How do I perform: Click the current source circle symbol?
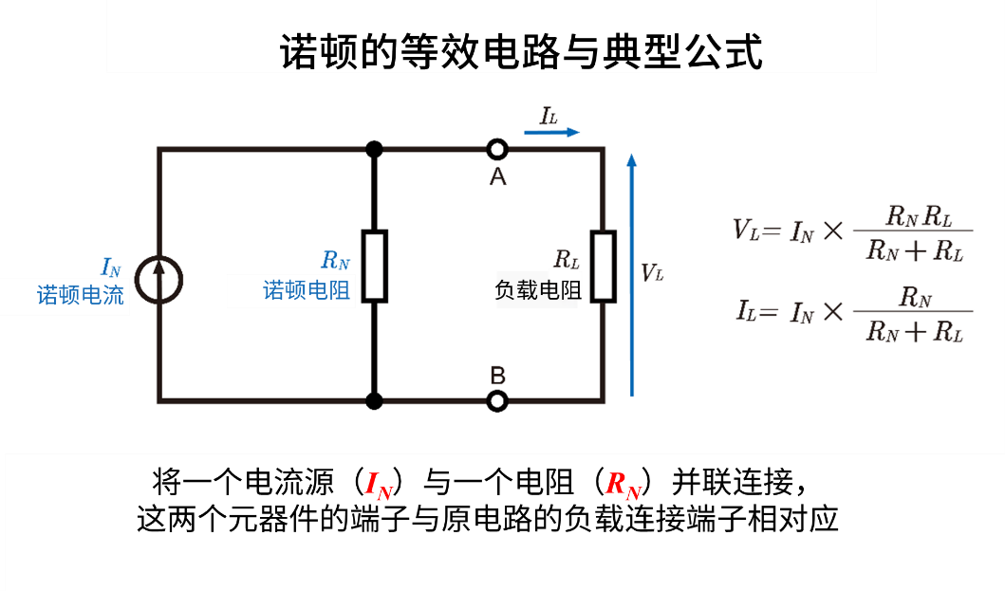(x=158, y=280)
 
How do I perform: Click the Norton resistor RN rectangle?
(x=375, y=266)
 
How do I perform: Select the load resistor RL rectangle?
(x=603, y=266)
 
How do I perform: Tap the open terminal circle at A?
(x=497, y=149)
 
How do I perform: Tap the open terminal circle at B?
(x=497, y=401)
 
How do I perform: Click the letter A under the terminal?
(x=497, y=177)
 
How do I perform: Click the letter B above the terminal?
(x=497, y=376)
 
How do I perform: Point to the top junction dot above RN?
(x=375, y=149)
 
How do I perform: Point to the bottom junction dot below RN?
(x=375, y=401)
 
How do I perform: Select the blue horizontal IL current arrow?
(x=551, y=133)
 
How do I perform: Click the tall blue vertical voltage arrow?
(x=632, y=275)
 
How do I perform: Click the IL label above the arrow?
(x=549, y=116)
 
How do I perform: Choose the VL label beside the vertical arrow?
(x=652, y=273)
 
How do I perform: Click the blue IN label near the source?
(x=111, y=268)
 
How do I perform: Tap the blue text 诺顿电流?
(x=81, y=295)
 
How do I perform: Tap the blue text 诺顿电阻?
(x=307, y=290)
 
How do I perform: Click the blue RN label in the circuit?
(x=335, y=260)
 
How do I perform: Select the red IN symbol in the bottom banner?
(x=379, y=486)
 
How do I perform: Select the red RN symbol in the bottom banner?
(x=623, y=486)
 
